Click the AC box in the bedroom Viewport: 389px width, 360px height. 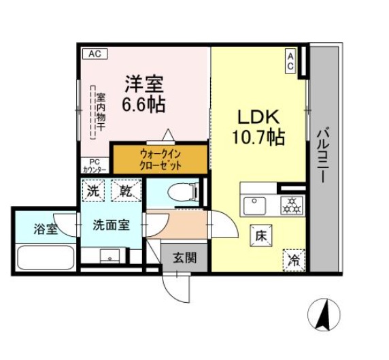pyautogui.click(x=95, y=53)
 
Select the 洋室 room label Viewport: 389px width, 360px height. pyautogui.click(x=143, y=85)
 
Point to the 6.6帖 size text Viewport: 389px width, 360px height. pyautogui.click(x=143, y=105)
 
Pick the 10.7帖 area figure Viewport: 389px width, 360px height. pyautogui.click(x=257, y=137)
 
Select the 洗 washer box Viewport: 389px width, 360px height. pyautogui.click(x=95, y=191)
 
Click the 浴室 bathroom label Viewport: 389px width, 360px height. pyautogui.click(x=45, y=229)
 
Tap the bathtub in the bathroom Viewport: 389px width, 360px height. pyautogui.click(x=45, y=259)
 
